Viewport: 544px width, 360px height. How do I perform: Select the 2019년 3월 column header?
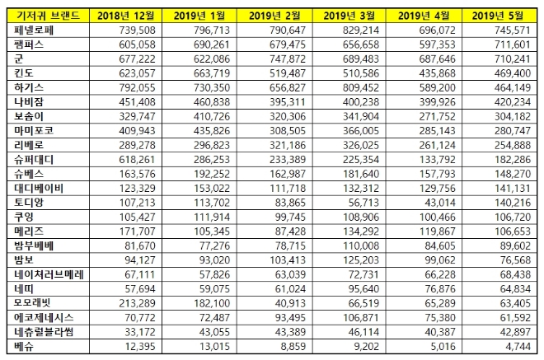pos(345,16)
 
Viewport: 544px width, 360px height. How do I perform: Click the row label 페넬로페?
pos(32,30)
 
